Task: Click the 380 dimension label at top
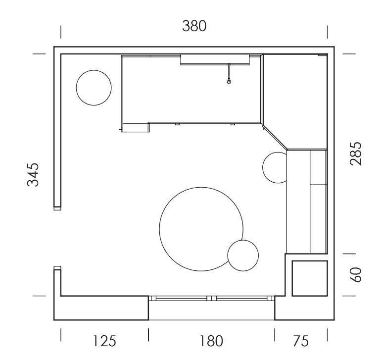tap(194, 26)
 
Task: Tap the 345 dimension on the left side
tap(33, 175)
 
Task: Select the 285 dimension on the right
tap(356, 154)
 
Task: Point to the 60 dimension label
tap(356, 275)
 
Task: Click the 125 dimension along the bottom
tap(104, 341)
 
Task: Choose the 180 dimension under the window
tap(211, 341)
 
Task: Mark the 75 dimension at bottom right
tap(301, 341)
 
